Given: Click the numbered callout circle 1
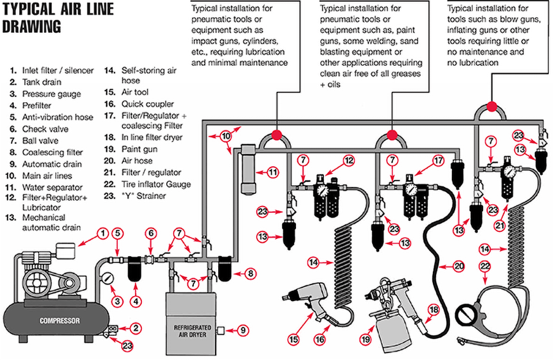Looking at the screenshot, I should pos(102,233).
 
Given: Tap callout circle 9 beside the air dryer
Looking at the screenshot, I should pos(243,331).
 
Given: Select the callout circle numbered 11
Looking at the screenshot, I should pos(274,171).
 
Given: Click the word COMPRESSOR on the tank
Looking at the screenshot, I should pos(59,321).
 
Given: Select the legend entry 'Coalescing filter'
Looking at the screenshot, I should pos(52,152).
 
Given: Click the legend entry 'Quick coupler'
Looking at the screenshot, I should pos(147,104).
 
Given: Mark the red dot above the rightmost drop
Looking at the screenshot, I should pos(492,106).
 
